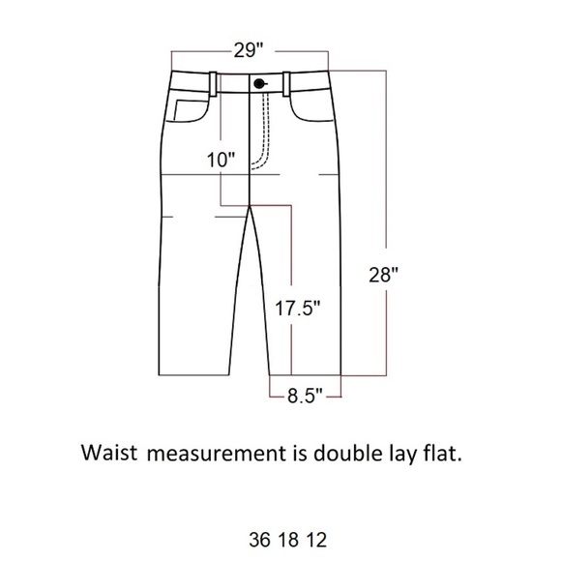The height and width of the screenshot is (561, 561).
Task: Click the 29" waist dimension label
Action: point(249,50)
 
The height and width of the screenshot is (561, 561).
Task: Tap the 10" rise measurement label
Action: point(221,160)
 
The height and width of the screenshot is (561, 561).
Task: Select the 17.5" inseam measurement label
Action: point(297,308)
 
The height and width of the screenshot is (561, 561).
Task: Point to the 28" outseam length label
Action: point(383,275)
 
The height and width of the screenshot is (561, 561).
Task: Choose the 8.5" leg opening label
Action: point(305,396)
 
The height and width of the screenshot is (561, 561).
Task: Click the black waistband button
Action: point(258,84)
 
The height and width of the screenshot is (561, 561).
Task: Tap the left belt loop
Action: point(213,84)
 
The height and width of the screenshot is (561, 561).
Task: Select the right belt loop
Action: point(286,84)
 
